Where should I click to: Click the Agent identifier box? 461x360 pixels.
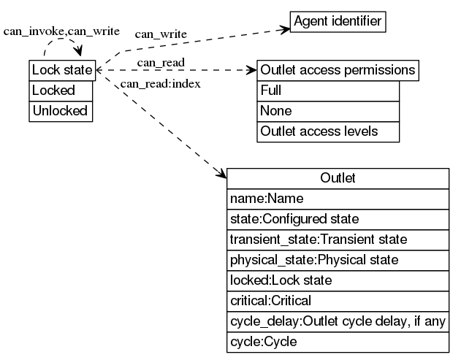[x=338, y=22]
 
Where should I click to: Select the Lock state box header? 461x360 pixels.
[x=62, y=70]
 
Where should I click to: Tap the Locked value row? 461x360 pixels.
[x=61, y=91]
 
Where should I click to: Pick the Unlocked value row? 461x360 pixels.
[x=61, y=111]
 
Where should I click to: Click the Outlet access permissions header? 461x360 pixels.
[x=338, y=71]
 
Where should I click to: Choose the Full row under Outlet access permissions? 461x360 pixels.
[x=328, y=91]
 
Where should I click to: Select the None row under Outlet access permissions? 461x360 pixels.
[x=328, y=111]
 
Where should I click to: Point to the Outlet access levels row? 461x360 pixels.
[x=328, y=131]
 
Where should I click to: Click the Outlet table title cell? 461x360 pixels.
[x=338, y=178]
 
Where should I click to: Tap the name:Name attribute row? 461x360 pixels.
[x=338, y=198]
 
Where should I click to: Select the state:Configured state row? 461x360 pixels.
[x=338, y=218]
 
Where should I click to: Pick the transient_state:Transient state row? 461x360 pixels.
[x=338, y=239]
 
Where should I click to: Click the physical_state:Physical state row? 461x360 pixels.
[x=338, y=259]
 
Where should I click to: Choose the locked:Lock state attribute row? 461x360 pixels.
[x=338, y=280]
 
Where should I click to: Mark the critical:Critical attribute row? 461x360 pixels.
[x=338, y=300]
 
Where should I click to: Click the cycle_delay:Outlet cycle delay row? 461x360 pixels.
[x=338, y=321]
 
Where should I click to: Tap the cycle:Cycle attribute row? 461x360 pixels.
[x=338, y=341]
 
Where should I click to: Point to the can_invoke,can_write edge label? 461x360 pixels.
[x=61, y=32]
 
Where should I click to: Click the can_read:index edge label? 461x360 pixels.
[x=160, y=83]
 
